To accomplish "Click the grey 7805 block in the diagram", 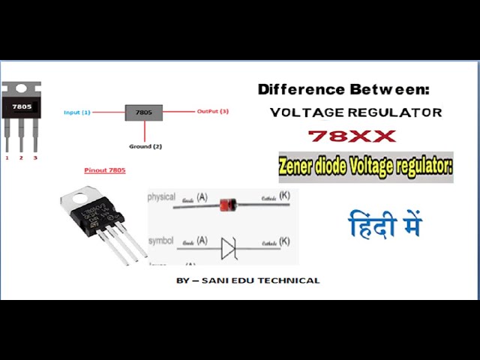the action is (x=144, y=112).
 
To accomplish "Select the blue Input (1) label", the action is (x=77, y=112).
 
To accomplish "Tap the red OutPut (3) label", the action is (x=213, y=112).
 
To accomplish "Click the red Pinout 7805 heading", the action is (x=105, y=170).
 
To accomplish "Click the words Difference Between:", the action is (x=343, y=89).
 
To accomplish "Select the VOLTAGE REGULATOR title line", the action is (x=355, y=112).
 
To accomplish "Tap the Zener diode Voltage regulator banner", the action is (x=366, y=166).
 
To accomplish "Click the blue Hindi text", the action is (x=385, y=224).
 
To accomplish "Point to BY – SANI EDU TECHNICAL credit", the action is (x=247, y=280).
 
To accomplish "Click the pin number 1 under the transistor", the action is (x=7, y=158).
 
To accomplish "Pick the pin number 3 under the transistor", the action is (x=34, y=158).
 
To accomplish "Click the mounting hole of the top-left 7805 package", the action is (x=21, y=88).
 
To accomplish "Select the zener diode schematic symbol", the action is (x=229, y=247).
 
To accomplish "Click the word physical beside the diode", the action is (x=161, y=197).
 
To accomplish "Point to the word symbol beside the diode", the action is (x=161, y=241).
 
